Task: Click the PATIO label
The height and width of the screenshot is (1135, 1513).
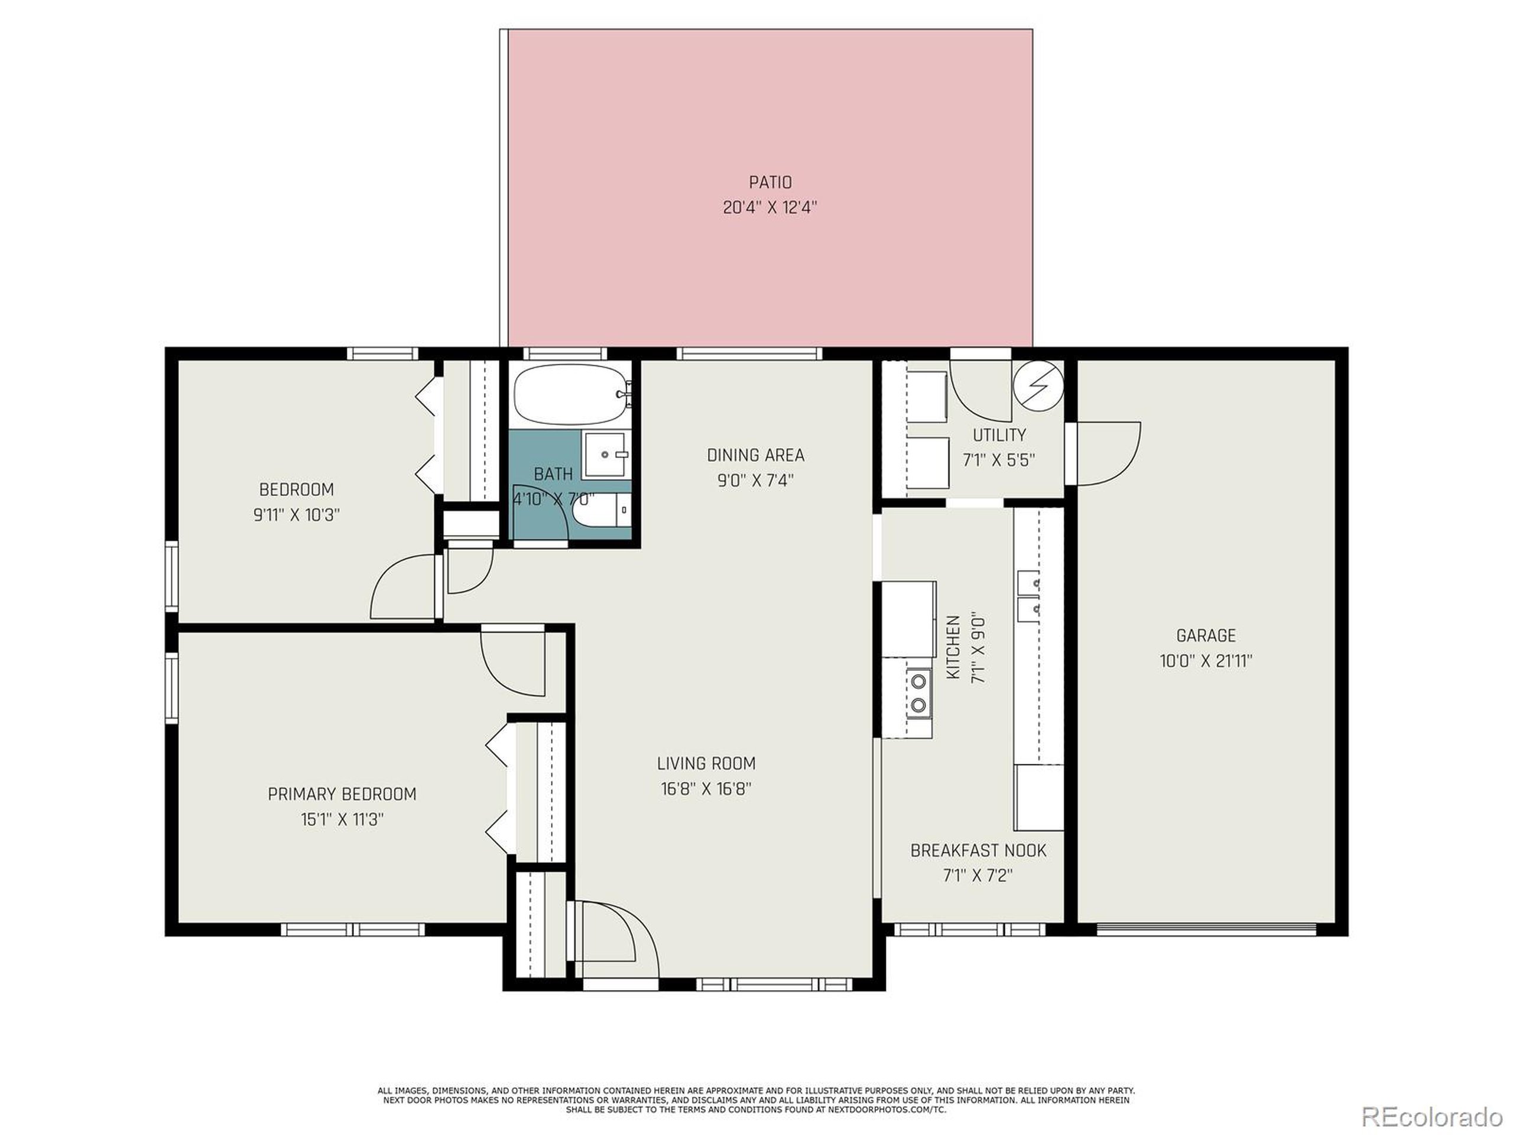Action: (770, 182)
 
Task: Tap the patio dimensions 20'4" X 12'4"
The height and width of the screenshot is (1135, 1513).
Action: (770, 207)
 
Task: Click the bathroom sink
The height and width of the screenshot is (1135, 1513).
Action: (605, 454)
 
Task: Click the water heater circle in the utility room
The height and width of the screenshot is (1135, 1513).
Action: (1038, 386)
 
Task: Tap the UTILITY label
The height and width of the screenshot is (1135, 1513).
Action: (999, 435)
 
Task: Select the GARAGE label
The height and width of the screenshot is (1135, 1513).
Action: (1206, 635)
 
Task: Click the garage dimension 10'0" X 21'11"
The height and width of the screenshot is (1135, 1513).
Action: (1206, 661)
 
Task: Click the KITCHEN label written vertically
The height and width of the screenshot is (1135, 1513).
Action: (953, 647)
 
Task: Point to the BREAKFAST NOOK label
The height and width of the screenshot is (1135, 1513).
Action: (978, 851)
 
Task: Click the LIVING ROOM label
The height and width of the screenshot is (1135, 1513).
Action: (706, 764)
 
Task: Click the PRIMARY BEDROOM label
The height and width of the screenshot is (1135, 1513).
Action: (342, 794)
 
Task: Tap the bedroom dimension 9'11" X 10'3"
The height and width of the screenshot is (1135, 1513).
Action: (297, 515)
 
